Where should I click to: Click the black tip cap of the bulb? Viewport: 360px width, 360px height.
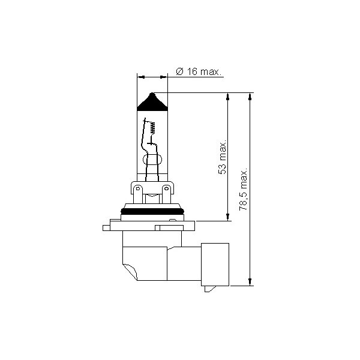tap(153, 103)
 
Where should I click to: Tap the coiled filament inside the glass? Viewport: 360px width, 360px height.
tap(152, 127)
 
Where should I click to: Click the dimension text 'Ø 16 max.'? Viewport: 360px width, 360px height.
tap(199, 72)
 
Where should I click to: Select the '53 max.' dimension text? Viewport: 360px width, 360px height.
tap(223, 158)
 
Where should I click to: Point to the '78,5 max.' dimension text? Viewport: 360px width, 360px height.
tap(244, 187)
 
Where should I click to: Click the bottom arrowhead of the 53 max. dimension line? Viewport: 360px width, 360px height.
tap(229, 217)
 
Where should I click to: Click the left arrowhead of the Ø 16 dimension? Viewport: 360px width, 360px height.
tap(142, 77)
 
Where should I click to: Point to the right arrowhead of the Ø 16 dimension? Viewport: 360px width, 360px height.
tap(164, 77)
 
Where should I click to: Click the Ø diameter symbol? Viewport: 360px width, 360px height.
tap(179, 72)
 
